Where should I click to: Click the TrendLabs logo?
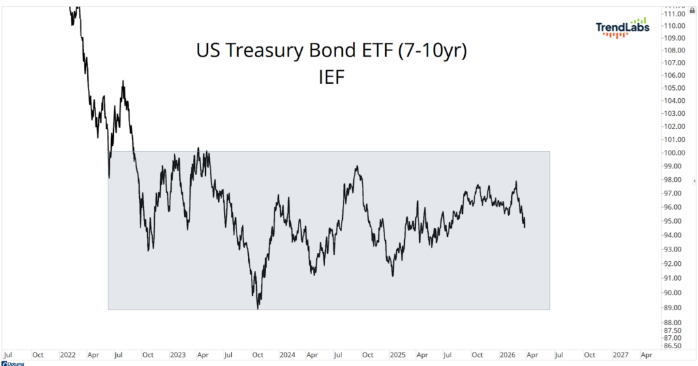[x=622, y=27]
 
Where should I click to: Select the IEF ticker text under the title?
[x=331, y=76]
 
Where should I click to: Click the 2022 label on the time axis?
[x=67, y=355]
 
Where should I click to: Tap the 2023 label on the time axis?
[x=177, y=355]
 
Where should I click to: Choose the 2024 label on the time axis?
[x=287, y=355]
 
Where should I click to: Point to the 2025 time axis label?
[x=397, y=355]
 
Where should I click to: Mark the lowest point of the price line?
[x=258, y=309]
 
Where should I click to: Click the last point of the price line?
[x=524, y=227]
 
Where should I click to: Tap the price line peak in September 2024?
[x=356, y=166]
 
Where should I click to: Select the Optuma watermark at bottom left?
[x=14, y=363]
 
